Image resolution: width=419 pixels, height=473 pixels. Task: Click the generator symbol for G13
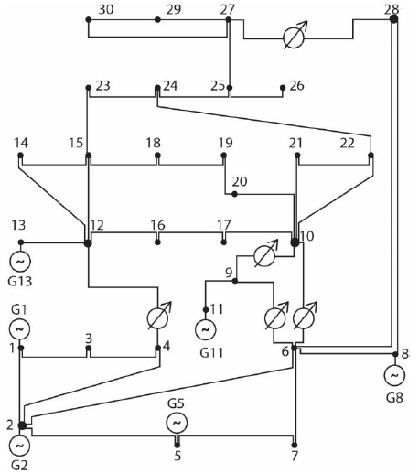20,263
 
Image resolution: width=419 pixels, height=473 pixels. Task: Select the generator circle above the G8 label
393,375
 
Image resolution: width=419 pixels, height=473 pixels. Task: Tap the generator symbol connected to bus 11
205,328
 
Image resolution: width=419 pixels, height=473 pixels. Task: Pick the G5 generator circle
177,423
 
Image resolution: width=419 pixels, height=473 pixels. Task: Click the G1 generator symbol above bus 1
20,328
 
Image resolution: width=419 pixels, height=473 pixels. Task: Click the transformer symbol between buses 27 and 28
293,38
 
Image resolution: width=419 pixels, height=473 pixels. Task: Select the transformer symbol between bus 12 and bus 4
160,317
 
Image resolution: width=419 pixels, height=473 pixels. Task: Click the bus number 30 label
106,9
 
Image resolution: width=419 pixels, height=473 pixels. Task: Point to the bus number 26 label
296,86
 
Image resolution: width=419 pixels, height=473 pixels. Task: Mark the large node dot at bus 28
393,18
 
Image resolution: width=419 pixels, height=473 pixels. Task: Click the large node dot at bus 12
88,242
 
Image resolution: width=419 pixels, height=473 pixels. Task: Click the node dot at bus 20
234,194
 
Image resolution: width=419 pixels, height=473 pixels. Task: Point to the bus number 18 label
153,144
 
